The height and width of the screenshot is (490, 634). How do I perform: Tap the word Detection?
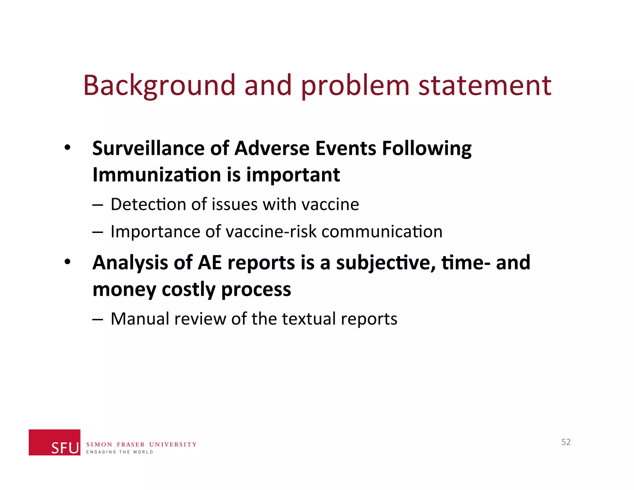click(x=148, y=204)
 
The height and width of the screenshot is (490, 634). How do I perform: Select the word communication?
click(x=382, y=231)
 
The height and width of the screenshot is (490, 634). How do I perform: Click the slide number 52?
click(x=566, y=442)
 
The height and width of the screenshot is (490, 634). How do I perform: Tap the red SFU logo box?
click(x=54, y=442)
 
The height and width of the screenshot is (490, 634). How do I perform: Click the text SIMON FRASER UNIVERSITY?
click(x=141, y=444)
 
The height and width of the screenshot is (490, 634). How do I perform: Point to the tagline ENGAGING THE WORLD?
click(x=119, y=452)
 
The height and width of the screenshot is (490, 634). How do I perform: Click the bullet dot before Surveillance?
click(x=67, y=148)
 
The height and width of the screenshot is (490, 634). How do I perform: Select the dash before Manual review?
click(x=97, y=319)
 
